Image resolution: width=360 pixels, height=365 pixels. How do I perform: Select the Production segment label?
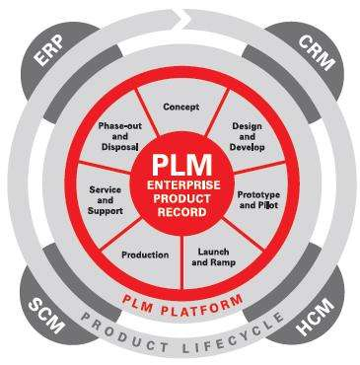pyautogui.click(x=145, y=255)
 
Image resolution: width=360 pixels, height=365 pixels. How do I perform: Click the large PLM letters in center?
pyautogui.click(x=180, y=164)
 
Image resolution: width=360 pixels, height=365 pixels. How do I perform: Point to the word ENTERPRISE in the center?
pyautogui.click(x=180, y=184)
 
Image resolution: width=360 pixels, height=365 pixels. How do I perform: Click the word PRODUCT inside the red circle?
pyautogui.click(x=180, y=197)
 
